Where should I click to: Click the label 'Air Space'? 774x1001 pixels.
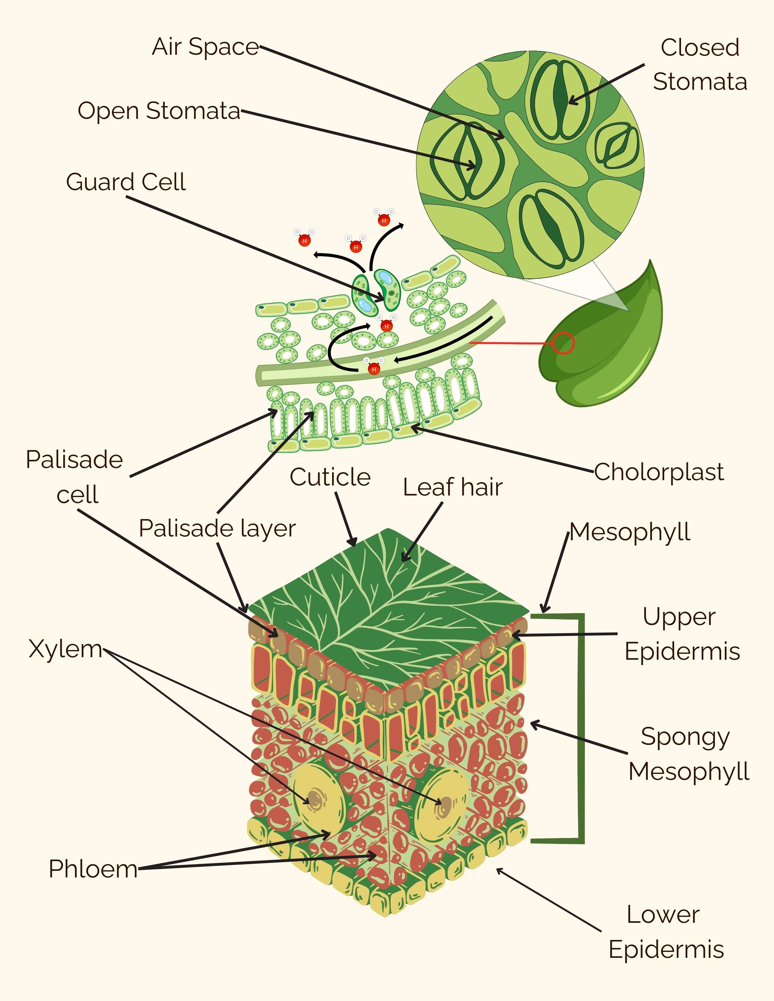(x=205, y=47)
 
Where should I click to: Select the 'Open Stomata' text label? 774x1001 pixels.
(x=159, y=111)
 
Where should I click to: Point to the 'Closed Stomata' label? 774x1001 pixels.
(x=700, y=65)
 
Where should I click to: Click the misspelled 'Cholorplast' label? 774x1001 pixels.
(x=659, y=472)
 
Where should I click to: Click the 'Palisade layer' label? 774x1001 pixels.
(x=217, y=528)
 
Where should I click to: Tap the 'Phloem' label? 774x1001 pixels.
(x=93, y=869)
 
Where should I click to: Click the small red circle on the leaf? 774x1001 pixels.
(x=563, y=343)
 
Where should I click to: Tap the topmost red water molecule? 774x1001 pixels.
(x=384, y=221)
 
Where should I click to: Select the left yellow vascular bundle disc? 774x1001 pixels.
(x=319, y=800)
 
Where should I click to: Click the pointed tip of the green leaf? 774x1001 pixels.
(x=650, y=261)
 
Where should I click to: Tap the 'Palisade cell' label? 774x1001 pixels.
(x=75, y=477)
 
